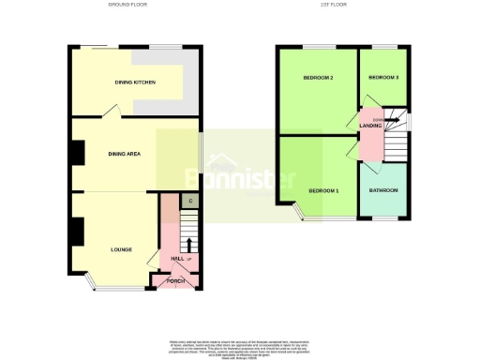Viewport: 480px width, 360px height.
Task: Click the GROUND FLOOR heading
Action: point(128,5)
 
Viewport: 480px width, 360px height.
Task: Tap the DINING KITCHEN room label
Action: point(135,82)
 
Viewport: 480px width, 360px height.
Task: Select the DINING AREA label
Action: point(124,153)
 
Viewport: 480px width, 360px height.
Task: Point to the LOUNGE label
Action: point(121,249)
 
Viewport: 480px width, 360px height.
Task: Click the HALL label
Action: point(175,259)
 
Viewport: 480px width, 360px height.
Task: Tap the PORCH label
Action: point(175,280)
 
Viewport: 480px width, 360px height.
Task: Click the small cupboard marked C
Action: point(189,201)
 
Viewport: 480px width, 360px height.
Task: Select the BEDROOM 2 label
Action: point(319,77)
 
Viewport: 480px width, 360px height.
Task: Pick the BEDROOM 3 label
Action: point(382,77)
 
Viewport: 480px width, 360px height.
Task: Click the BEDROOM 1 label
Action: point(323,191)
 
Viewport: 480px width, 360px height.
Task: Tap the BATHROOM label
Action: point(383,190)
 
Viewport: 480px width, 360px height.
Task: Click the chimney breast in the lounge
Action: point(80,228)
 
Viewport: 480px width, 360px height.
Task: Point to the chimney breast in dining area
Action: point(80,152)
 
